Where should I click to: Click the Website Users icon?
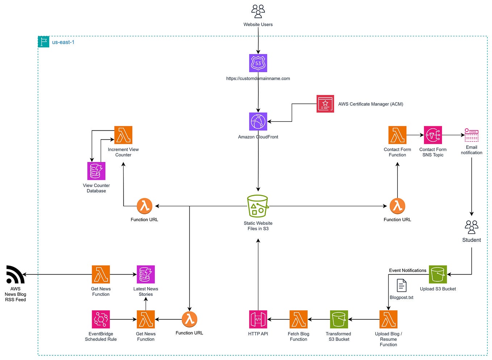pos(258,11)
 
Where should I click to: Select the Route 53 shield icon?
pos(258,63)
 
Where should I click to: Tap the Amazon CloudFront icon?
pos(258,121)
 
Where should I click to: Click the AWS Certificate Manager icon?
pos(325,104)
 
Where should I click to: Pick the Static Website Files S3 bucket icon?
pos(258,206)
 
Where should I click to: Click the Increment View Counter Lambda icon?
pos(123,135)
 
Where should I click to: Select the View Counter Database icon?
pos(96,171)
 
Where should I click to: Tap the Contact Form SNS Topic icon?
pos(433,135)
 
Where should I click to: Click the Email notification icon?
pos(471,135)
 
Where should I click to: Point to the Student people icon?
pos(471,227)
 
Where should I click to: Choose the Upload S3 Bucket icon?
pos(438,274)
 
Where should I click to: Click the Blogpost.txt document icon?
pos(401,286)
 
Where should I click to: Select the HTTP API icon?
pos(258,319)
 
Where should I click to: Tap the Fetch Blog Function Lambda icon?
pos(299,319)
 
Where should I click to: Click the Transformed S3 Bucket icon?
pos(339,319)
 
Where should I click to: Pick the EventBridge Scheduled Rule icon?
pos(101,319)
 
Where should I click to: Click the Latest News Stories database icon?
pos(146,274)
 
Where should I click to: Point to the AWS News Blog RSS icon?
pos(15,275)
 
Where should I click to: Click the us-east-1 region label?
pos(63,42)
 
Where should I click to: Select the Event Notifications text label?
pos(408,270)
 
